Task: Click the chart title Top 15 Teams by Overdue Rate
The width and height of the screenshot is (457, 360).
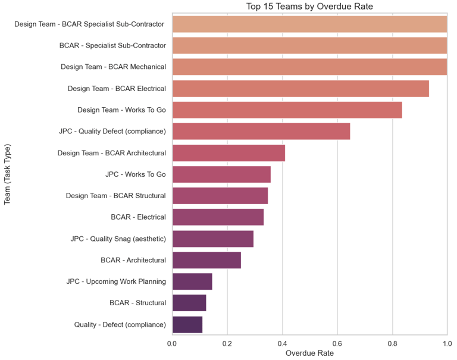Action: [x=309, y=7]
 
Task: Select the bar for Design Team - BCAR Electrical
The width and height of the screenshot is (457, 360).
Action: [x=301, y=89]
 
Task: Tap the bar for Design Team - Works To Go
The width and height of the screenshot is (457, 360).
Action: [x=287, y=110]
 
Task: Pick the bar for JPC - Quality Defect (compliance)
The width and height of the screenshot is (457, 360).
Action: [x=261, y=132]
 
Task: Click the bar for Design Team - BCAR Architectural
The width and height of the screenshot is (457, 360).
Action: [x=228, y=153]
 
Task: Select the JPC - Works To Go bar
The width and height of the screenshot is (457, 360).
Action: [x=221, y=174]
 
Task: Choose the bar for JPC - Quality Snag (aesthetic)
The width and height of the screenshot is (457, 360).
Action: [x=212, y=239]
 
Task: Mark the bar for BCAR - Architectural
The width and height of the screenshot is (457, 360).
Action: [x=206, y=260]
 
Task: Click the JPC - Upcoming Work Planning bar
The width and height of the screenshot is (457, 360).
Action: [x=192, y=281]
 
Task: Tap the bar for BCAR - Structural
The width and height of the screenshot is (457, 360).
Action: [x=189, y=303]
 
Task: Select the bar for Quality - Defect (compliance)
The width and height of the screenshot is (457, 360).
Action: [x=187, y=324]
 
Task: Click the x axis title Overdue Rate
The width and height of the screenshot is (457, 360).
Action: [x=309, y=353]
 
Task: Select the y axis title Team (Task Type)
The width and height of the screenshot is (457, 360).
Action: [x=8, y=174]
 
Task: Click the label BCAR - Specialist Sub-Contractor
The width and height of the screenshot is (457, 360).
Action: [x=112, y=45]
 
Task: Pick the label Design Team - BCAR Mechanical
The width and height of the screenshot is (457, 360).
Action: [x=113, y=67]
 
